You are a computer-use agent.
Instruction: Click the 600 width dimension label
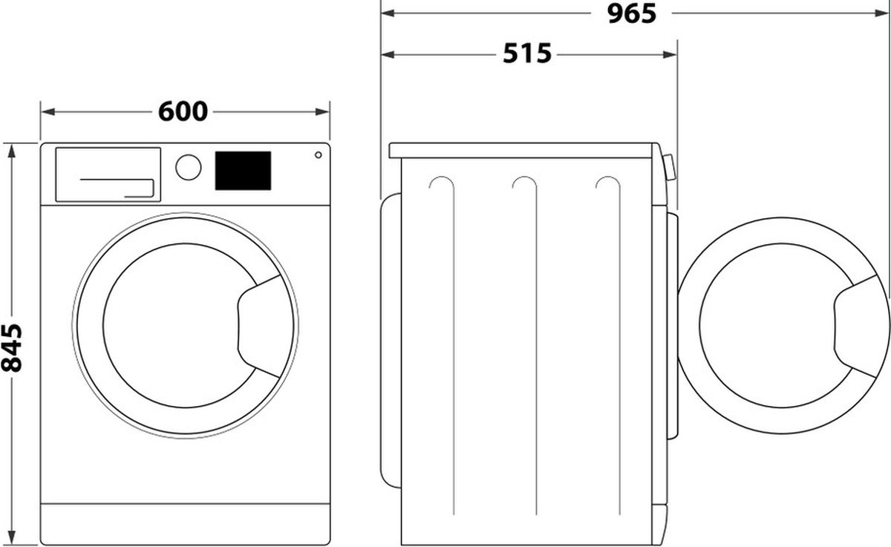coord(183,111)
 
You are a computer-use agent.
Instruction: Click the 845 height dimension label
coord(12,348)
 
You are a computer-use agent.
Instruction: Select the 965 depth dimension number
coord(631,13)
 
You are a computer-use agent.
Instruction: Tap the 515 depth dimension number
coord(527,53)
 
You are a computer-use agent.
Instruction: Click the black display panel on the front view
coord(242,170)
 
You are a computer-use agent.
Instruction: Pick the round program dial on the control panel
coord(189,166)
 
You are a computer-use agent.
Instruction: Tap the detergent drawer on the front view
coord(108,174)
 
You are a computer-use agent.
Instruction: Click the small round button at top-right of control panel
coord(318,155)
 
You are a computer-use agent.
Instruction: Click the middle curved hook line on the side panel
coord(524,186)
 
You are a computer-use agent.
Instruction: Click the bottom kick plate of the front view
coord(185,523)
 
